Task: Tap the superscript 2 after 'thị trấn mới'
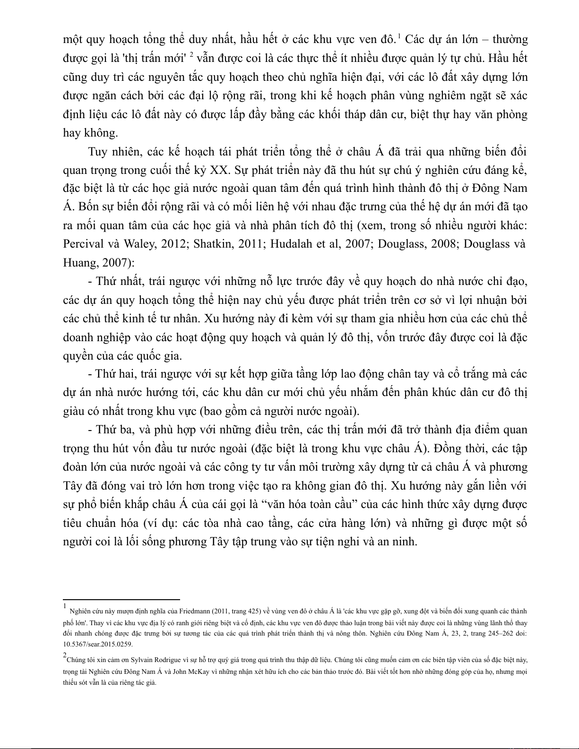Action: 191,55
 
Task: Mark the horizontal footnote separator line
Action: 121,600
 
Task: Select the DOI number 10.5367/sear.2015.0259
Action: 98,644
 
